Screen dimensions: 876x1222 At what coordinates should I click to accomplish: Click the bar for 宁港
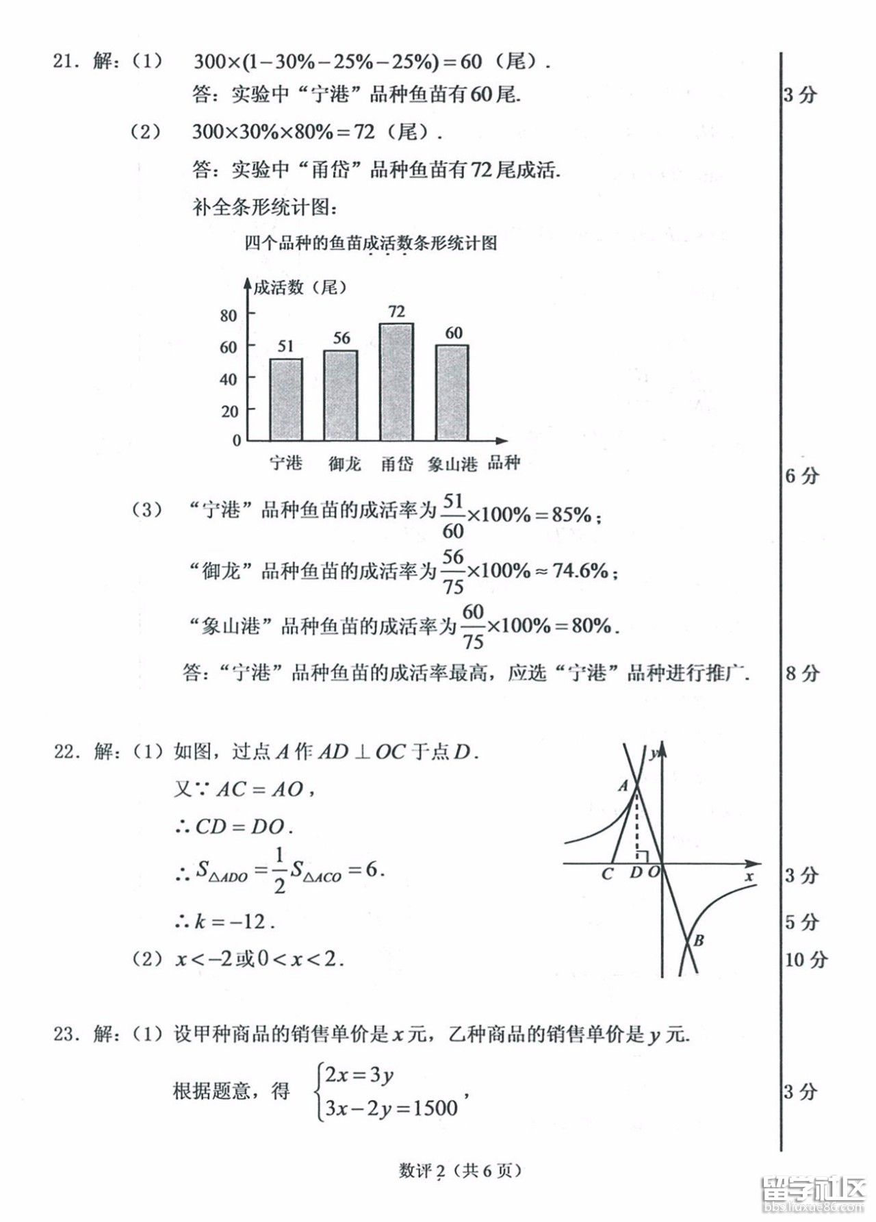[285, 399]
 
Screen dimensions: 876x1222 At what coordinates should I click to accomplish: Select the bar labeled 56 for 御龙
[341, 395]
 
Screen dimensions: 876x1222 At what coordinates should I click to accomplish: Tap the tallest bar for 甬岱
[396, 381]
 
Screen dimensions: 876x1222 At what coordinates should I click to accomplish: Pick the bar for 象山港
[452, 392]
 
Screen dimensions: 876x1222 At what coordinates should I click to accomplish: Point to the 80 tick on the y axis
[229, 315]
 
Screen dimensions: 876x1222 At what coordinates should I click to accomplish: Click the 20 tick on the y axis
[229, 411]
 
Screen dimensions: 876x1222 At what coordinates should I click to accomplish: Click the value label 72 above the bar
[396, 311]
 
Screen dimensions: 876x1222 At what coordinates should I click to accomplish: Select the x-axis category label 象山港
[452, 464]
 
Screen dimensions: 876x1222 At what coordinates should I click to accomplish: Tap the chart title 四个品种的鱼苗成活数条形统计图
[370, 243]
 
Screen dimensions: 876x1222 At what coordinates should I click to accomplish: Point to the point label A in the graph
[623, 787]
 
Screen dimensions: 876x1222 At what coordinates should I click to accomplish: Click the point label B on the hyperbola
[698, 940]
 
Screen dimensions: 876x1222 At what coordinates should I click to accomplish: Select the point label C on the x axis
[606, 874]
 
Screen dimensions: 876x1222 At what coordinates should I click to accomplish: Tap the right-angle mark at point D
[643, 855]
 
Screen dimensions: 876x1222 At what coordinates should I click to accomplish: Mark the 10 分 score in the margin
[806, 958]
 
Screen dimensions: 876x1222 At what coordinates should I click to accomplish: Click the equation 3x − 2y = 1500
[391, 1108]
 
